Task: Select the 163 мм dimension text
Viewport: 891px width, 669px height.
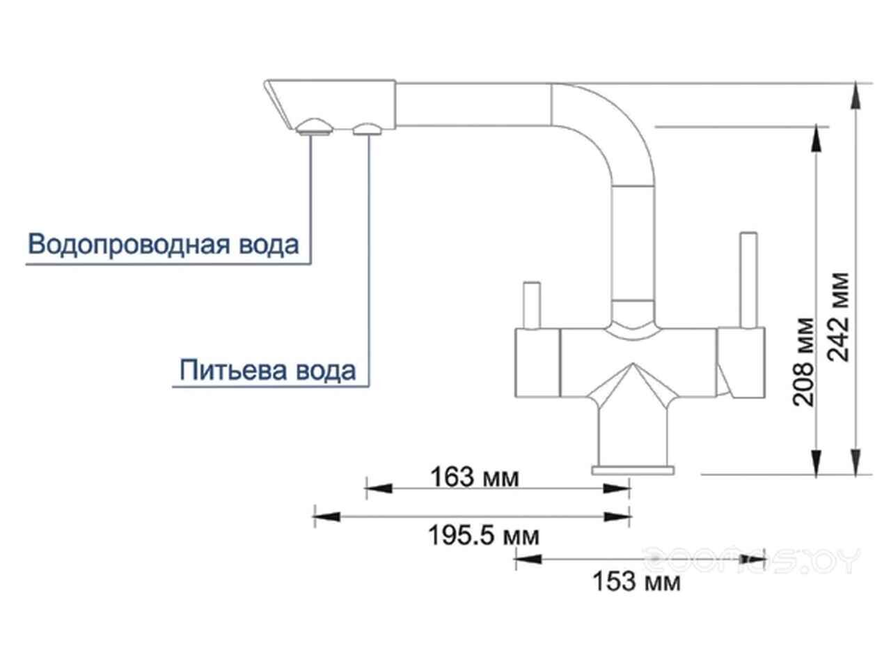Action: coord(475,477)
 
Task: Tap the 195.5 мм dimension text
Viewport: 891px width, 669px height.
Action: coord(473,536)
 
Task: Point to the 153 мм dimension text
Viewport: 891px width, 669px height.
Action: coord(636,580)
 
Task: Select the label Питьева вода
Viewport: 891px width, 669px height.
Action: coord(268,370)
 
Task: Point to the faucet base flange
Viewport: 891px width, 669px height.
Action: coord(633,469)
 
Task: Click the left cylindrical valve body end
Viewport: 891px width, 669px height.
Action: coord(537,362)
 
